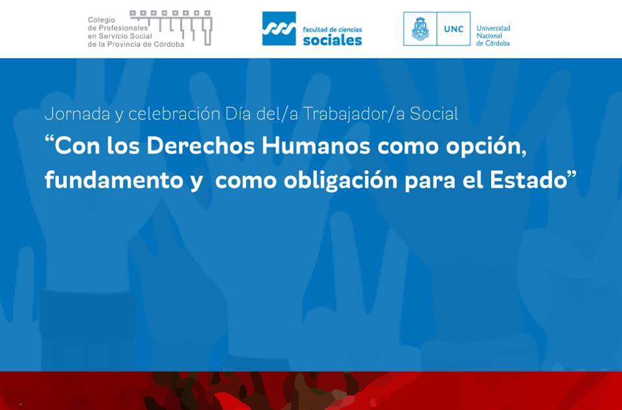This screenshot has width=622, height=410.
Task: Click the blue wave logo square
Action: (x=279, y=28)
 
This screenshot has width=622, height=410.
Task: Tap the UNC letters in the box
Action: (x=454, y=29)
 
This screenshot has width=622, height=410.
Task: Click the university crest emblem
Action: (x=420, y=28)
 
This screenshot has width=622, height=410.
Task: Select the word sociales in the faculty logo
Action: (x=332, y=40)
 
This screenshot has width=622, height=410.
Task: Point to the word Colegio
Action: (x=101, y=20)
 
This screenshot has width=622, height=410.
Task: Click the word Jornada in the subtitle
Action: (x=77, y=114)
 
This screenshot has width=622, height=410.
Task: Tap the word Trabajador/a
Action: (x=354, y=114)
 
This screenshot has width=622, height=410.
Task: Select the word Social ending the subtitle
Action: (x=434, y=114)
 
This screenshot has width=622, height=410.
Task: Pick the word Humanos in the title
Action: (x=316, y=146)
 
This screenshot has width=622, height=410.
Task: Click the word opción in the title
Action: (x=486, y=147)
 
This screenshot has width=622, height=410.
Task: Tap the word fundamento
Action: (x=114, y=181)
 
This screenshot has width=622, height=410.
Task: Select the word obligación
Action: (x=341, y=181)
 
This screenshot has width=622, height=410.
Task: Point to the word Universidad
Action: (x=493, y=28)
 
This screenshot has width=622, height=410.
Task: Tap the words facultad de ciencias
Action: (x=332, y=30)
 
